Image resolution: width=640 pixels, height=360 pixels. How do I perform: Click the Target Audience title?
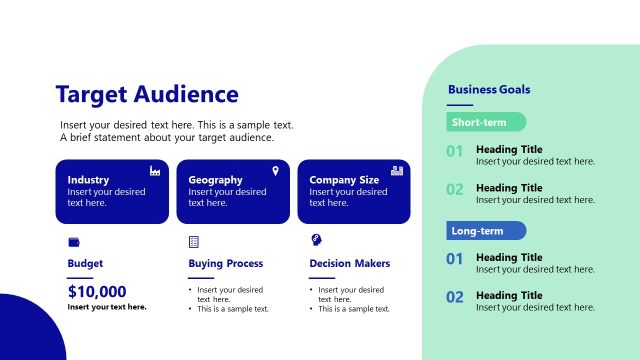coord(147,95)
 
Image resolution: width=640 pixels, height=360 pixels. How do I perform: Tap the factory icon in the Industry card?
coord(155,171)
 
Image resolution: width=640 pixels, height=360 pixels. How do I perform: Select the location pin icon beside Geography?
coord(276,171)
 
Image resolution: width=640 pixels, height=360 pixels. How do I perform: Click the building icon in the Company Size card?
coord(397,171)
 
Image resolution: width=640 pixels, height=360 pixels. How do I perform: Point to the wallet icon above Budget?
coord(74,242)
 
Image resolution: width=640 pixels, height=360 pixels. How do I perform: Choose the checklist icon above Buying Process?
coord(194,242)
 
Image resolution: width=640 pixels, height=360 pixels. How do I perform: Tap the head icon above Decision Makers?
coord(316,241)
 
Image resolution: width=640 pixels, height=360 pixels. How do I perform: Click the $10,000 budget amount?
coord(97,292)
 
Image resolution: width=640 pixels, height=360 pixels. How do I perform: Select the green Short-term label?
coord(486,122)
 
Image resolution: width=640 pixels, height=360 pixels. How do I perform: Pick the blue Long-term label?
coord(486,231)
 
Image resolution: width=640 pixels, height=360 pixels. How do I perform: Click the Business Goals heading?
coord(489,90)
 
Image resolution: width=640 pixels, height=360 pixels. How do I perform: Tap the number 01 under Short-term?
coord(455,152)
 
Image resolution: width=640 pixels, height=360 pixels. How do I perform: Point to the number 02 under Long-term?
coord(455,297)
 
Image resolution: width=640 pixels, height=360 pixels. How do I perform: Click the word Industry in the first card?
coord(88,180)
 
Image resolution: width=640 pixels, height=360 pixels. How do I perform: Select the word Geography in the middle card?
coord(215,180)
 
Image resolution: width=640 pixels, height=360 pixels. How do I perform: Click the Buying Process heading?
coord(226,264)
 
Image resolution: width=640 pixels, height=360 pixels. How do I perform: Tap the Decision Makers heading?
coord(350,264)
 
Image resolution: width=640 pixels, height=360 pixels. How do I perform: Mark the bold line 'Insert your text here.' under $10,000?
coord(107,307)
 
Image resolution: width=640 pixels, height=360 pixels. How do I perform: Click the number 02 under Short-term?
coord(455,190)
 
